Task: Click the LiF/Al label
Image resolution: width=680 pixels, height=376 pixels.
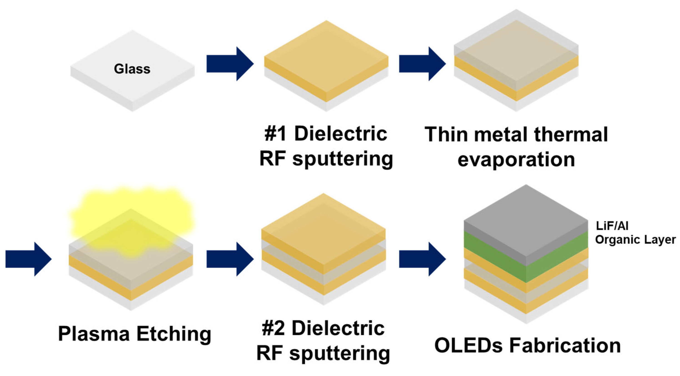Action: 612,226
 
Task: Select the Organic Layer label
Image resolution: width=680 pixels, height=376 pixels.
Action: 635,240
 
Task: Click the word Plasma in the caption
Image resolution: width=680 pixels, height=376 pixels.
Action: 94,334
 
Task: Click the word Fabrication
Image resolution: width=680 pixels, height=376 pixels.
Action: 565,345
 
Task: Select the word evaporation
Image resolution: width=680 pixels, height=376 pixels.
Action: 516,159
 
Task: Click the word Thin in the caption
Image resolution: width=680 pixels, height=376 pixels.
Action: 446,135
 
